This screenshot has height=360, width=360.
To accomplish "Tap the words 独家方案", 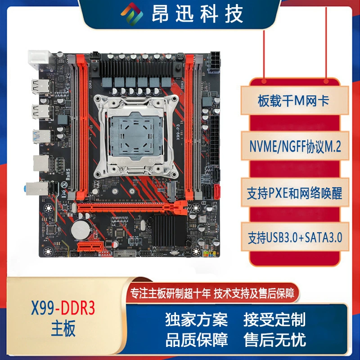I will (197, 319).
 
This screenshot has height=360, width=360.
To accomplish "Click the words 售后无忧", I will (274, 340).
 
